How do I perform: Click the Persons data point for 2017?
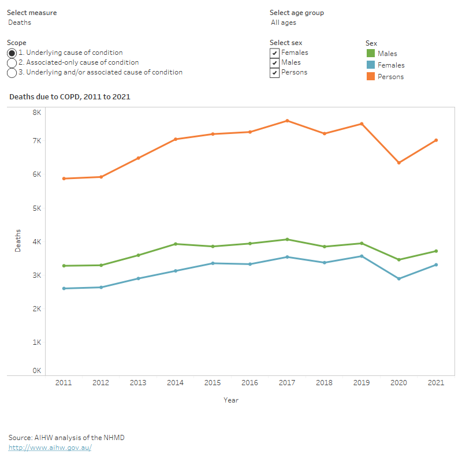[x=287, y=121]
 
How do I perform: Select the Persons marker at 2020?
[x=399, y=163]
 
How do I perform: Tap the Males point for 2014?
[x=175, y=244]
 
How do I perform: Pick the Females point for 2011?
[x=64, y=288]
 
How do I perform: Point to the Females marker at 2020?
[x=399, y=279]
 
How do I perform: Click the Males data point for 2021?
[x=436, y=251]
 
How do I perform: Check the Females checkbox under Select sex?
[x=275, y=53]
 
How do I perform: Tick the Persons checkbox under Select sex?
[x=275, y=73]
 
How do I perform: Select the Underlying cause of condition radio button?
[x=12, y=53]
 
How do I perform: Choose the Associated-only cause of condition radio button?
[x=12, y=62]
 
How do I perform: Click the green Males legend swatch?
[x=371, y=54]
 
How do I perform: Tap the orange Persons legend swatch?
[x=371, y=76]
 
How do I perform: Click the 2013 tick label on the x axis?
[x=138, y=383]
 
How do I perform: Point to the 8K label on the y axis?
[x=36, y=113]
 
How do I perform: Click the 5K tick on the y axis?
[x=36, y=208]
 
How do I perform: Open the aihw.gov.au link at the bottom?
[x=50, y=448]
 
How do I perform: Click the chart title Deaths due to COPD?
[x=70, y=97]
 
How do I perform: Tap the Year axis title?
[x=231, y=400]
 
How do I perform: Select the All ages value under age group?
[x=284, y=23]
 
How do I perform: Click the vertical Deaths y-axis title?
[x=18, y=241]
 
